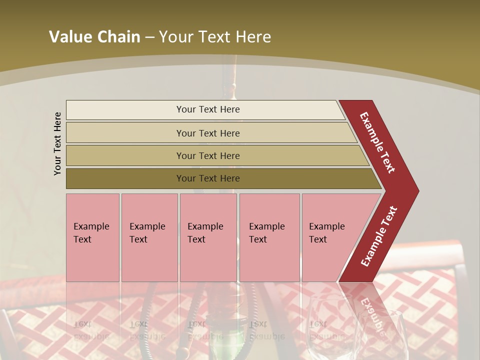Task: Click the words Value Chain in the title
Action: tap(94, 37)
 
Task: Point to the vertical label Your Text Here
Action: tap(58, 143)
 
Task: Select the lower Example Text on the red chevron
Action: tap(379, 236)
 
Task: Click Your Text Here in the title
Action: tap(215, 37)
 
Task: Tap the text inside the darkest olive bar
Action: tap(208, 178)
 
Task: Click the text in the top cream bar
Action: tap(208, 109)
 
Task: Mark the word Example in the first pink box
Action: tap(91, 226)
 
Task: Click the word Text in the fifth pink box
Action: tap(318, 239)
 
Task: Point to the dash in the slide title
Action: tap(149, 37)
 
